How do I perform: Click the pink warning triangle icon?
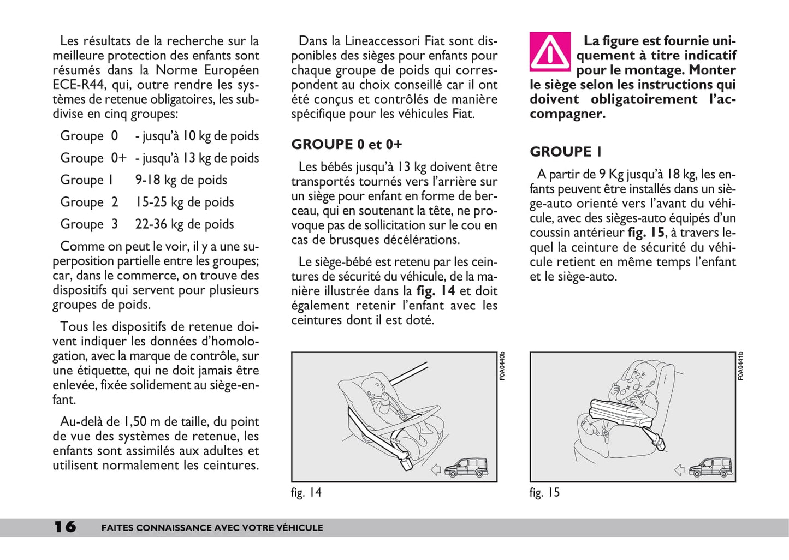(x=550, y=52)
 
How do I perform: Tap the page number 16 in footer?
(x=65, y=527)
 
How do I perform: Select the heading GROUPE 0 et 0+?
(x=346, y=145)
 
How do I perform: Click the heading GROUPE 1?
(x=565, y=152)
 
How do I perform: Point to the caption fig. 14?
(x=306, y=492)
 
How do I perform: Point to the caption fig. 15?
(x=544, y=492)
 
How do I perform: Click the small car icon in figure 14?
(x=466, y=468)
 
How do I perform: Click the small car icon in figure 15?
(x=709, y=468)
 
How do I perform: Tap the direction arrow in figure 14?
(x=436, y=469)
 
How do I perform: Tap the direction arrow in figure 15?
(x=679, y=469)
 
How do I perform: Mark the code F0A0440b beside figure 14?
(x=502, y=366)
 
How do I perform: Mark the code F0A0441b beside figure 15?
(x=740, y=366)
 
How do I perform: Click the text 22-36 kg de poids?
(x=185, y=224)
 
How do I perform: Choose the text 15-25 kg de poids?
(x=185, y=202)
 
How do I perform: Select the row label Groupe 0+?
(x=93, y=158)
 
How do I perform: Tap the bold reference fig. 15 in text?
(x=646, y=233)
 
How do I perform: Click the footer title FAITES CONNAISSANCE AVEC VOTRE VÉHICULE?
(x=212, y=528)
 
